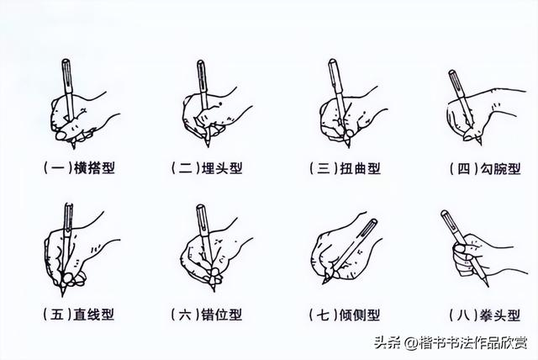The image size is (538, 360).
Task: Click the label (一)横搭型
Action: [x=80, y=168]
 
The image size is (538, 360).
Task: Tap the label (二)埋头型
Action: [x=208, y=168]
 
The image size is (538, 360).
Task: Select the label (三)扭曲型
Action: [x=345, y=168]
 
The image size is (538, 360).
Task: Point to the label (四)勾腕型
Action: [x=486, y=168]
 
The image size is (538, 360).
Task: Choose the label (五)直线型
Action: [x=78, y=314]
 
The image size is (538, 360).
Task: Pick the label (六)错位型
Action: [x=207, y=315]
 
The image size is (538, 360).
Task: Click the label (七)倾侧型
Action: [x=345, y=315]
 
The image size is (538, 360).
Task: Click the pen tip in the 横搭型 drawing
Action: [x=73, y=148]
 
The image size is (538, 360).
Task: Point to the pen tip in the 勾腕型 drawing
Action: [x=480, y=145]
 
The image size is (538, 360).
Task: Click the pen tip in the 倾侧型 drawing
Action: [x=323, y=283]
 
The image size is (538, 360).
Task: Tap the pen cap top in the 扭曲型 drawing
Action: [x=332, y=61]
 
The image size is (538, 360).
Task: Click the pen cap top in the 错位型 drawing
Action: [x=201, y=207]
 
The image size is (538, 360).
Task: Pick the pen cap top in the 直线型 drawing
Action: [x=69, y=205]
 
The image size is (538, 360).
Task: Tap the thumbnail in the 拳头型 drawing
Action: [x=459, y=248]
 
